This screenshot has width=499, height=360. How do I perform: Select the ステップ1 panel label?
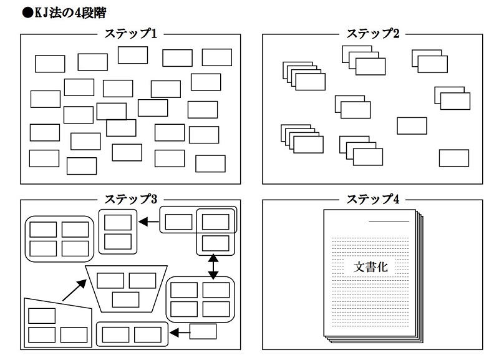(x=130, y=34)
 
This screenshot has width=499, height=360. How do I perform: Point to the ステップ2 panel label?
(x=372, y=34)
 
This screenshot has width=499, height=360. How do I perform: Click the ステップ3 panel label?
(x=130, y=199)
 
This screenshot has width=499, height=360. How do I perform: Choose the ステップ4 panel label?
(x=372, y=199)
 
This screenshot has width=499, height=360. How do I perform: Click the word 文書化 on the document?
(x=372, y=266)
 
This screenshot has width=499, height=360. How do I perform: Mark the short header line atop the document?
(x=389, y=221)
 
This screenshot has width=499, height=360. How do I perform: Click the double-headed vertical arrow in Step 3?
(x=214, y=266)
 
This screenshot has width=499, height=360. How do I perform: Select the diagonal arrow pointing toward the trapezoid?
(x=73, y=289)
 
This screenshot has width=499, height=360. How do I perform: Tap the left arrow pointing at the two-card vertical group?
(x=148, y=221)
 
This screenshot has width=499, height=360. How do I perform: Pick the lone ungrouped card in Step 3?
(x=203, y=331)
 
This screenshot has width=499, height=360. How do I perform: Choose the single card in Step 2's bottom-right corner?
(x=453, y=158)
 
